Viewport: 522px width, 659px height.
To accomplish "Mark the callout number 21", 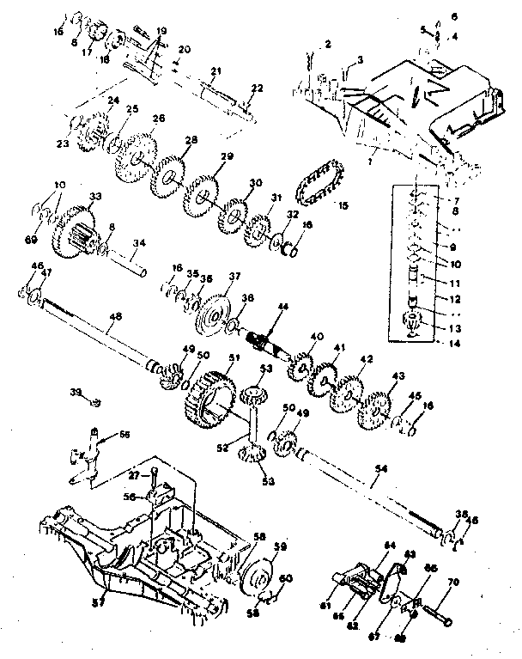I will point(215,70).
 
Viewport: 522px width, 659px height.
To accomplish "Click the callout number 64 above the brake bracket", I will point(389,544).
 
